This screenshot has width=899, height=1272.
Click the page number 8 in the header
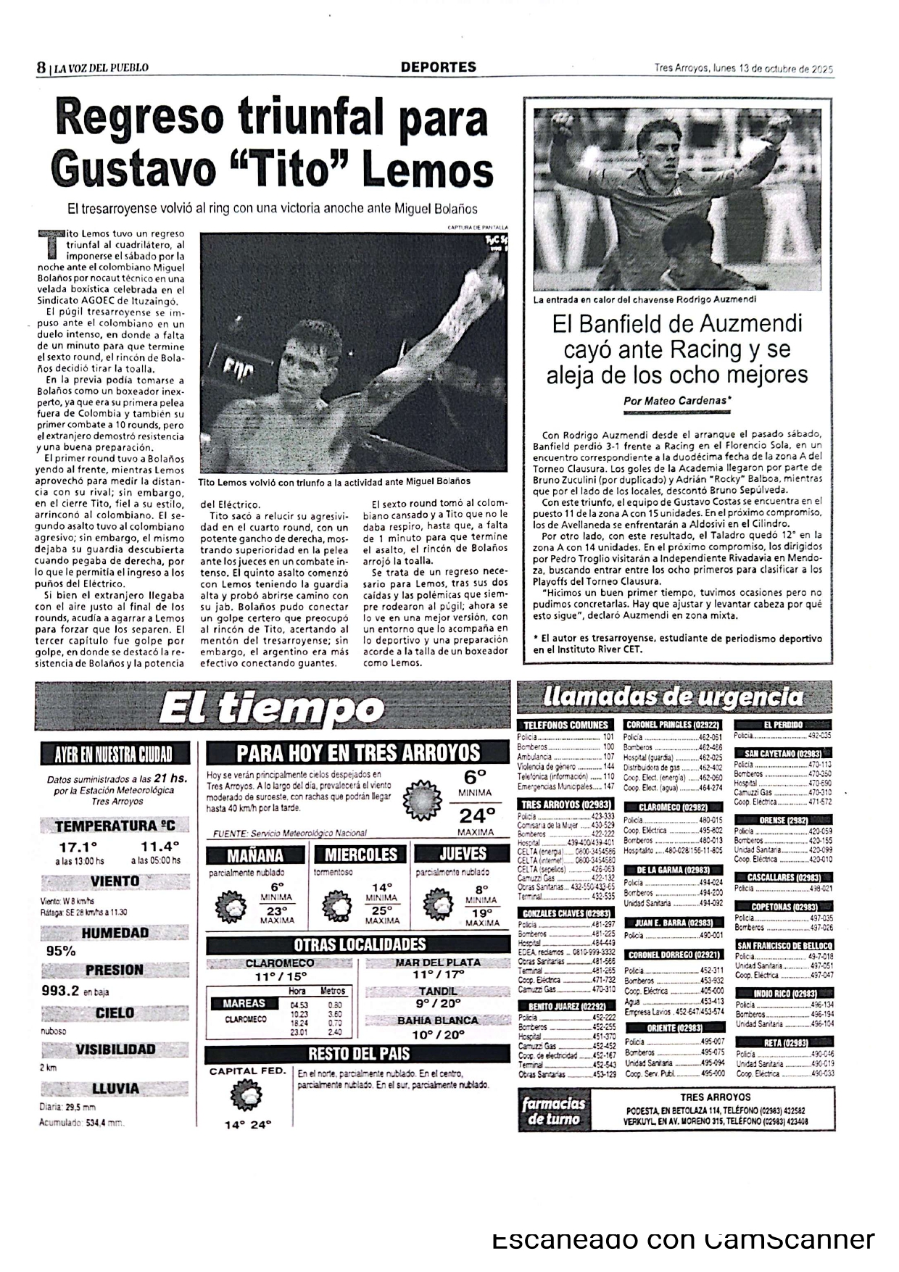pyautogui.click(x=41, y=67)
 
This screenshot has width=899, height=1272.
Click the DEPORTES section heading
pyautogui.click(x=439, y=67)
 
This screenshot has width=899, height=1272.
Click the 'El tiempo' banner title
pyautogui.click(x=271, y=708)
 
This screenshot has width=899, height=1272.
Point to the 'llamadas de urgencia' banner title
pyautogui.click(x=673, y=697)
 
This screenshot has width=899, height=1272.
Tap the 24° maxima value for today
pyautogui.click(x=476, y=816)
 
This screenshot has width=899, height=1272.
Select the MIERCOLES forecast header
pyautogui.click(x=360, y=855)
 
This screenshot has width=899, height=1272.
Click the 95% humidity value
pyautogui.click(x=61, y=952)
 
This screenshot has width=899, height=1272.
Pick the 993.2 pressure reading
pyautogui.click(x=60, y=991)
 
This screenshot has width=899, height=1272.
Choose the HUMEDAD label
pyautogui.click(x=115, y=933)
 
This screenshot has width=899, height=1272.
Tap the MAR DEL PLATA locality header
pyautogui.click(x=438, y=963)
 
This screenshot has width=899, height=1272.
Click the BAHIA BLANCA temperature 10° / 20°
pyautogui.click(x=438, y=1035)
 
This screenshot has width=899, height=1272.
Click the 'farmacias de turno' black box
pyautogui.click(x=554, y=1111)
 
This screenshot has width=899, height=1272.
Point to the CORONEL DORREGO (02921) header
pyautogui.click(x=674, y=955)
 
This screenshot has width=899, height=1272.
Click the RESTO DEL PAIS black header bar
pyautogui.click(x=359, y=1054)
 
